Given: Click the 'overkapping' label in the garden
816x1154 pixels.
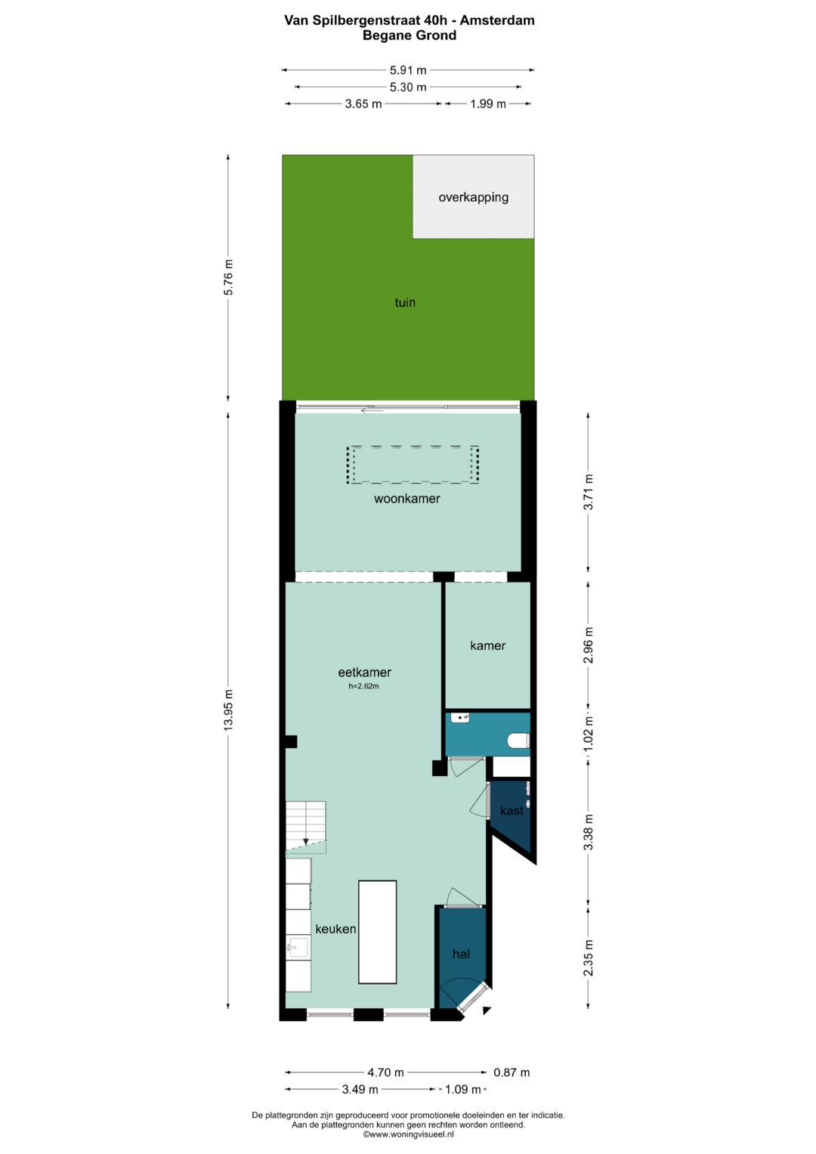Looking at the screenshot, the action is (474, 197).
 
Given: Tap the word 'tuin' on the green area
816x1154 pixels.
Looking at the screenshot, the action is (405, 302).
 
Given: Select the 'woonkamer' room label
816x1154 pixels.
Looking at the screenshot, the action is (407, 498).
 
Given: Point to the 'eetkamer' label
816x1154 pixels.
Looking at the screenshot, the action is (364, 672).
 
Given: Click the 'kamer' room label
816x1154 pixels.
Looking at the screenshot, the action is (487, 645).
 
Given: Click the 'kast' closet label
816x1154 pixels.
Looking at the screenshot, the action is (512, 810).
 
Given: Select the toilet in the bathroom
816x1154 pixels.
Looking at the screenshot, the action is (519, 741).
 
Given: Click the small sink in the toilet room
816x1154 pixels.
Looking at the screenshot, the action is (459, 716).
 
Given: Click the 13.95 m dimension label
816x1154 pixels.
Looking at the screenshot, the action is (229, 710).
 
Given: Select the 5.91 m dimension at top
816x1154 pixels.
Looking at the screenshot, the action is (408, 70).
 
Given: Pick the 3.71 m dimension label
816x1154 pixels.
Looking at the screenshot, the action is (589, 492).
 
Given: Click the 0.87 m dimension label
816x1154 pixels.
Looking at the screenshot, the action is (512, 1072).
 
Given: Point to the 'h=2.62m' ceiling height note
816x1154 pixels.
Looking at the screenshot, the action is (363, 686).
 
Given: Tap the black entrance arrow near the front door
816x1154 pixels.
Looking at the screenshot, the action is (487, 1010).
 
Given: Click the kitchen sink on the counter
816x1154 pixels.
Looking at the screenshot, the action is (298, 946).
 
